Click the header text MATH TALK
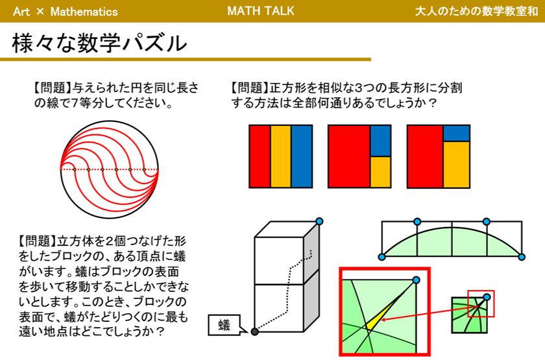coord(261,11)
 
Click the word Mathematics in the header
coord(84,12)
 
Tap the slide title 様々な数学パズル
coord(99,43)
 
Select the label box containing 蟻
coord(224,325)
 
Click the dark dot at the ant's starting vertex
coord(255,331)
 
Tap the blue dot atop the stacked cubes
coord(319,221)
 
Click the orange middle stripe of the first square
coord(281,156)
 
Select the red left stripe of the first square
coord(260,156)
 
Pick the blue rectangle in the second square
coord(381,141)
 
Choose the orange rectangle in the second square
coord(381,172)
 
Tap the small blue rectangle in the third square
coord(456,134)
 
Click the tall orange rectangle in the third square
coord(456,164)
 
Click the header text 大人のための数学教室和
coord(476,11)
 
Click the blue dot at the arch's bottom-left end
coord(381,257)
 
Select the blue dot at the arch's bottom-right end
coord(522,257)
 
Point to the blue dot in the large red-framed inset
coord(416,280)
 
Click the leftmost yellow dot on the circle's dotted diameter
coord(75,169)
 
